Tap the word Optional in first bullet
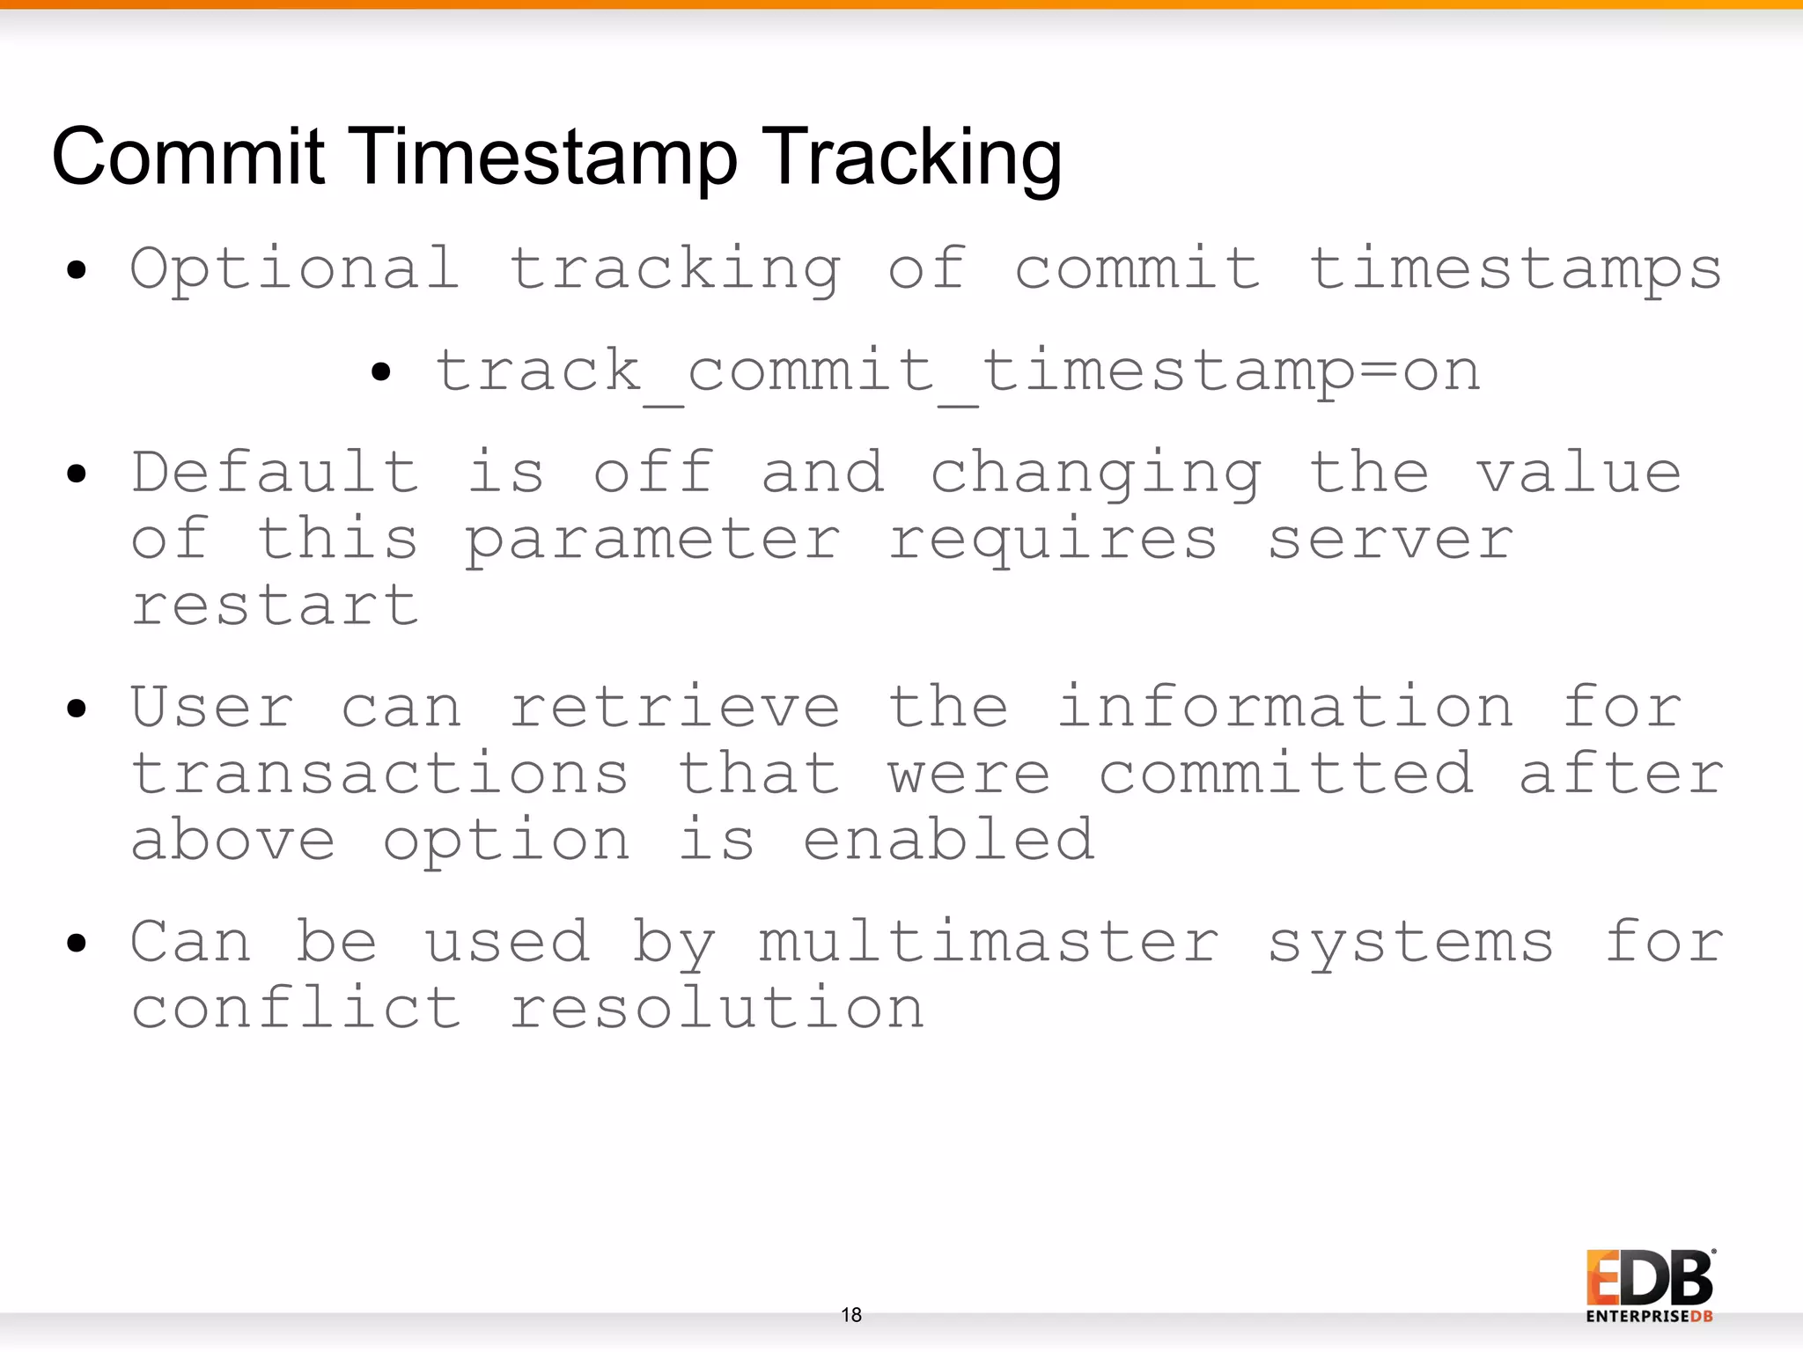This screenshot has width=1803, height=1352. coord(295,268)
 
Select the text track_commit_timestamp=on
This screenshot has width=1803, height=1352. coord(958,371)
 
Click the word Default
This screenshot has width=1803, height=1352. coord(275,473)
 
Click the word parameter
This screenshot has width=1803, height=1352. coord(652,540)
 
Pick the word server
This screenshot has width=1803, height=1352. coord(1390,540)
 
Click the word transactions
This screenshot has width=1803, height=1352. coord(379,774)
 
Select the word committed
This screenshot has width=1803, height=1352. coord(1285,774)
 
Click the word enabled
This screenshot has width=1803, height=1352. coord(949,840)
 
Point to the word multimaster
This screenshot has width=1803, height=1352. coord(990,942)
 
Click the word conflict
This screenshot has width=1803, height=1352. coord(296,1008)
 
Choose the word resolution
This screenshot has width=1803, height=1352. coord(717,1008)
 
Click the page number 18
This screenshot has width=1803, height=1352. coord(851,1315)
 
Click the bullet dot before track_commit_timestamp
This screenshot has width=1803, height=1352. coord(380,372)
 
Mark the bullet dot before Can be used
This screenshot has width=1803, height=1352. coord(77,944)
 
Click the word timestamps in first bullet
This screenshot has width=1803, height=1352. coord(1514,268)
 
